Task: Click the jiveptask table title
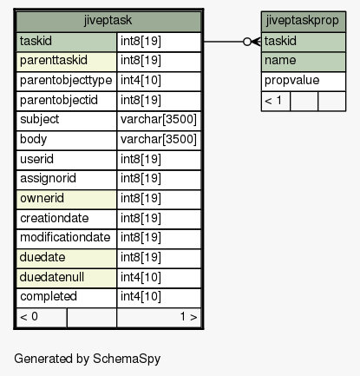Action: click(x=108, y=21)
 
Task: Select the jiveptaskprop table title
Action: click(x=302, y=21)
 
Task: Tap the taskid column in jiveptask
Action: click(x=36, y=41)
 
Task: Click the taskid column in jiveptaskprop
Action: click(x=280, y=41)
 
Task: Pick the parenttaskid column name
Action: click(x=54, y=60)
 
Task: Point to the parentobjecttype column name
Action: click(x=66, y=80)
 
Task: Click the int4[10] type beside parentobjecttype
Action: click(x=141, y=80)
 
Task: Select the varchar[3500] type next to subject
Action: click(x=159, y=119)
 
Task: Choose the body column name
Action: click(x=33, y=139)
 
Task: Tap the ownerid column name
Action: click(x=42, y=198)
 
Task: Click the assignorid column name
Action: click(x=48, y=178)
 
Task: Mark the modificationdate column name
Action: click(x=65, y=237)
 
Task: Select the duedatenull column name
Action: click(x=52, y=277)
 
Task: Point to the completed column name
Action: click(x=49, y=296)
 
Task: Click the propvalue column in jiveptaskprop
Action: click(x=292, y=80)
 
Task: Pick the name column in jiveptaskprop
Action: click(x=280, y=60)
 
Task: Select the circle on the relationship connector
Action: click(x=247, y=42)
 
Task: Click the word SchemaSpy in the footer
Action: click(x=127, y=359)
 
